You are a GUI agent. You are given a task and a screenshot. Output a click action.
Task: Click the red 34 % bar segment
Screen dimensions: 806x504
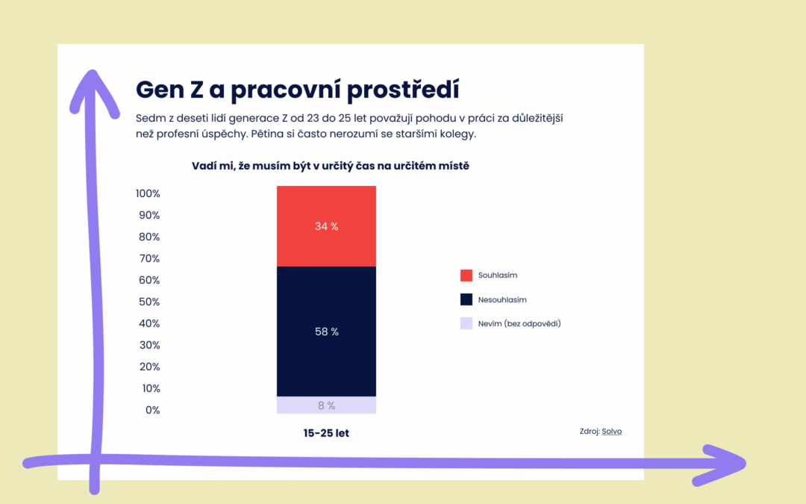point(326,226)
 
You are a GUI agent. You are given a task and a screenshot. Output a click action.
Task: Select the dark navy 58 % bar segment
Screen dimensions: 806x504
point(326,332)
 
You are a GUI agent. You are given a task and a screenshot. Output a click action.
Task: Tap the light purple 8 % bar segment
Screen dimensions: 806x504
point(326,405)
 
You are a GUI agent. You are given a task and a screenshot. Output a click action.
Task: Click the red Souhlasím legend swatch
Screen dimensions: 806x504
point(466,275)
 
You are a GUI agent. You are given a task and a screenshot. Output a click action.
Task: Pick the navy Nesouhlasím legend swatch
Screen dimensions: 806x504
point(466,299)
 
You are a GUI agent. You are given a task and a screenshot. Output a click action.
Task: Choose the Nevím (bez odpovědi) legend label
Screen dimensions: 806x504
point(519,323)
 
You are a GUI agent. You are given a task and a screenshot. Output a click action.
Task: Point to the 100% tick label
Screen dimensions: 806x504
point(148,193)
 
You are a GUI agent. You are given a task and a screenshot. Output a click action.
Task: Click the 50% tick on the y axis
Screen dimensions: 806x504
point(149,302)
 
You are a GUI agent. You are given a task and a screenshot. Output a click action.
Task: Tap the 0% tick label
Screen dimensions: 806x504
point(153,410)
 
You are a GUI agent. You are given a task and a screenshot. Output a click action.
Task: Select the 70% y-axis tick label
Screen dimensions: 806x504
point(149,258)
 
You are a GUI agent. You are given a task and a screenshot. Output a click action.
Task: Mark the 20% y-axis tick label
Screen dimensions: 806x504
point(149,367)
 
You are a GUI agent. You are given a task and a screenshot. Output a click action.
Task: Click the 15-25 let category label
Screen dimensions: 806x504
point(326,433)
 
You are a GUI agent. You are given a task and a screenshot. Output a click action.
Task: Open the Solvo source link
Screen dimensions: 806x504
point(612,432)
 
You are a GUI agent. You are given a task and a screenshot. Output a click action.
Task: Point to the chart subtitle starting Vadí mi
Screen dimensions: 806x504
point(331,166)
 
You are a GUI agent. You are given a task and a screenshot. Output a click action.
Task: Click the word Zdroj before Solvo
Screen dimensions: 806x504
point(590,432)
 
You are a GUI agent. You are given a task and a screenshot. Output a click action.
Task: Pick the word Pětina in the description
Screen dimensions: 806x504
point(267,134)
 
